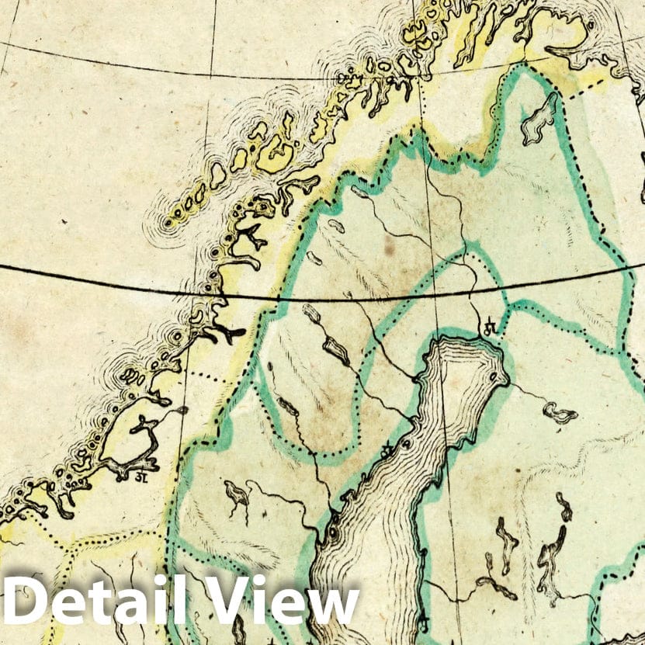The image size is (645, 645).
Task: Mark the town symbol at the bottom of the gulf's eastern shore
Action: point(424,621)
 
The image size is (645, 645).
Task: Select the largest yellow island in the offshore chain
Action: point(276,154)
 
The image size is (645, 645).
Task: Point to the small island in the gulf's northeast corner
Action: point(494,378)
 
